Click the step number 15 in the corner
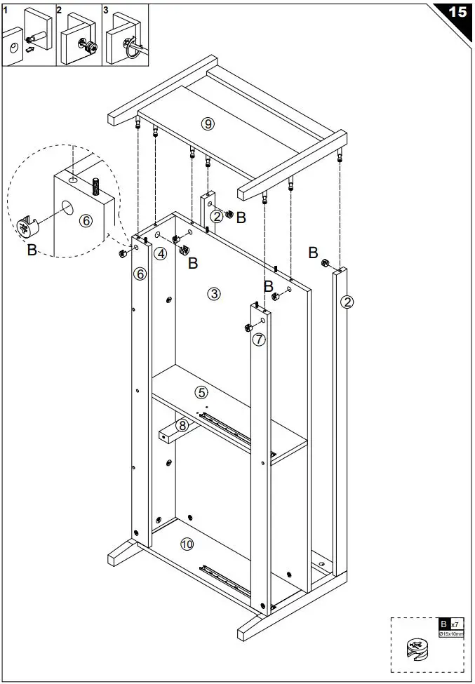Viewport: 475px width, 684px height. coord(457,12)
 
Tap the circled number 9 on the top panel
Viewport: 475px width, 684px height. coord(207,124)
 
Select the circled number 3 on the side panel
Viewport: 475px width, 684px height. coord(214,294)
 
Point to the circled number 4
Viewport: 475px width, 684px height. coord(161,253)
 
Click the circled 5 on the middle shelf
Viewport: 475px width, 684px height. coord(201,392)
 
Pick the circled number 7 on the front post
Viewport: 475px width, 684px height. coord(259,340)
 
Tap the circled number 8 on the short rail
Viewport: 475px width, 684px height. coord(182,425)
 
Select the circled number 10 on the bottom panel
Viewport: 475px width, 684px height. coord(187,544)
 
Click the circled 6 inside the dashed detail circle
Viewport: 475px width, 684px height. coord(86,220)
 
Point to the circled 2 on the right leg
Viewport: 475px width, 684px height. coord(347,302)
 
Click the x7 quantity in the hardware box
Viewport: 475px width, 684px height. coord(455,624)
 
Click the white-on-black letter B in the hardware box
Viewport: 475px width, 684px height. coord(443,624)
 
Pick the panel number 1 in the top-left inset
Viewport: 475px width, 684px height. coord(6,11)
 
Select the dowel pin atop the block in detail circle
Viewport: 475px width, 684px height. coord(95,187)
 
